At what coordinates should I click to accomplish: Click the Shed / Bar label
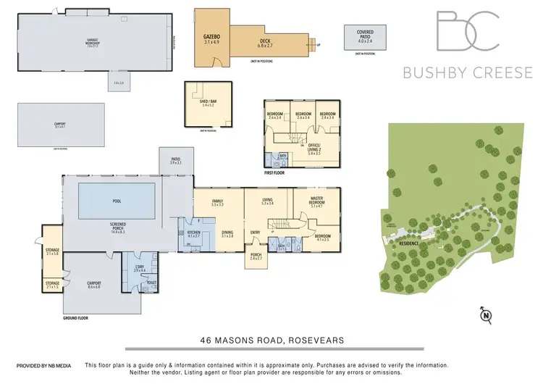[209, 102]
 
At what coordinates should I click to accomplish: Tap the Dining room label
[227, 232]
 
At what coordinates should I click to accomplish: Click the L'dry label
[140, 266]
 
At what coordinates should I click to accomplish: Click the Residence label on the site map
[410, 243]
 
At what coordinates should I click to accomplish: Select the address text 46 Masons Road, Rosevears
[271, 339]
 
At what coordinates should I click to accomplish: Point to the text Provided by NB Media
[43, 366]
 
